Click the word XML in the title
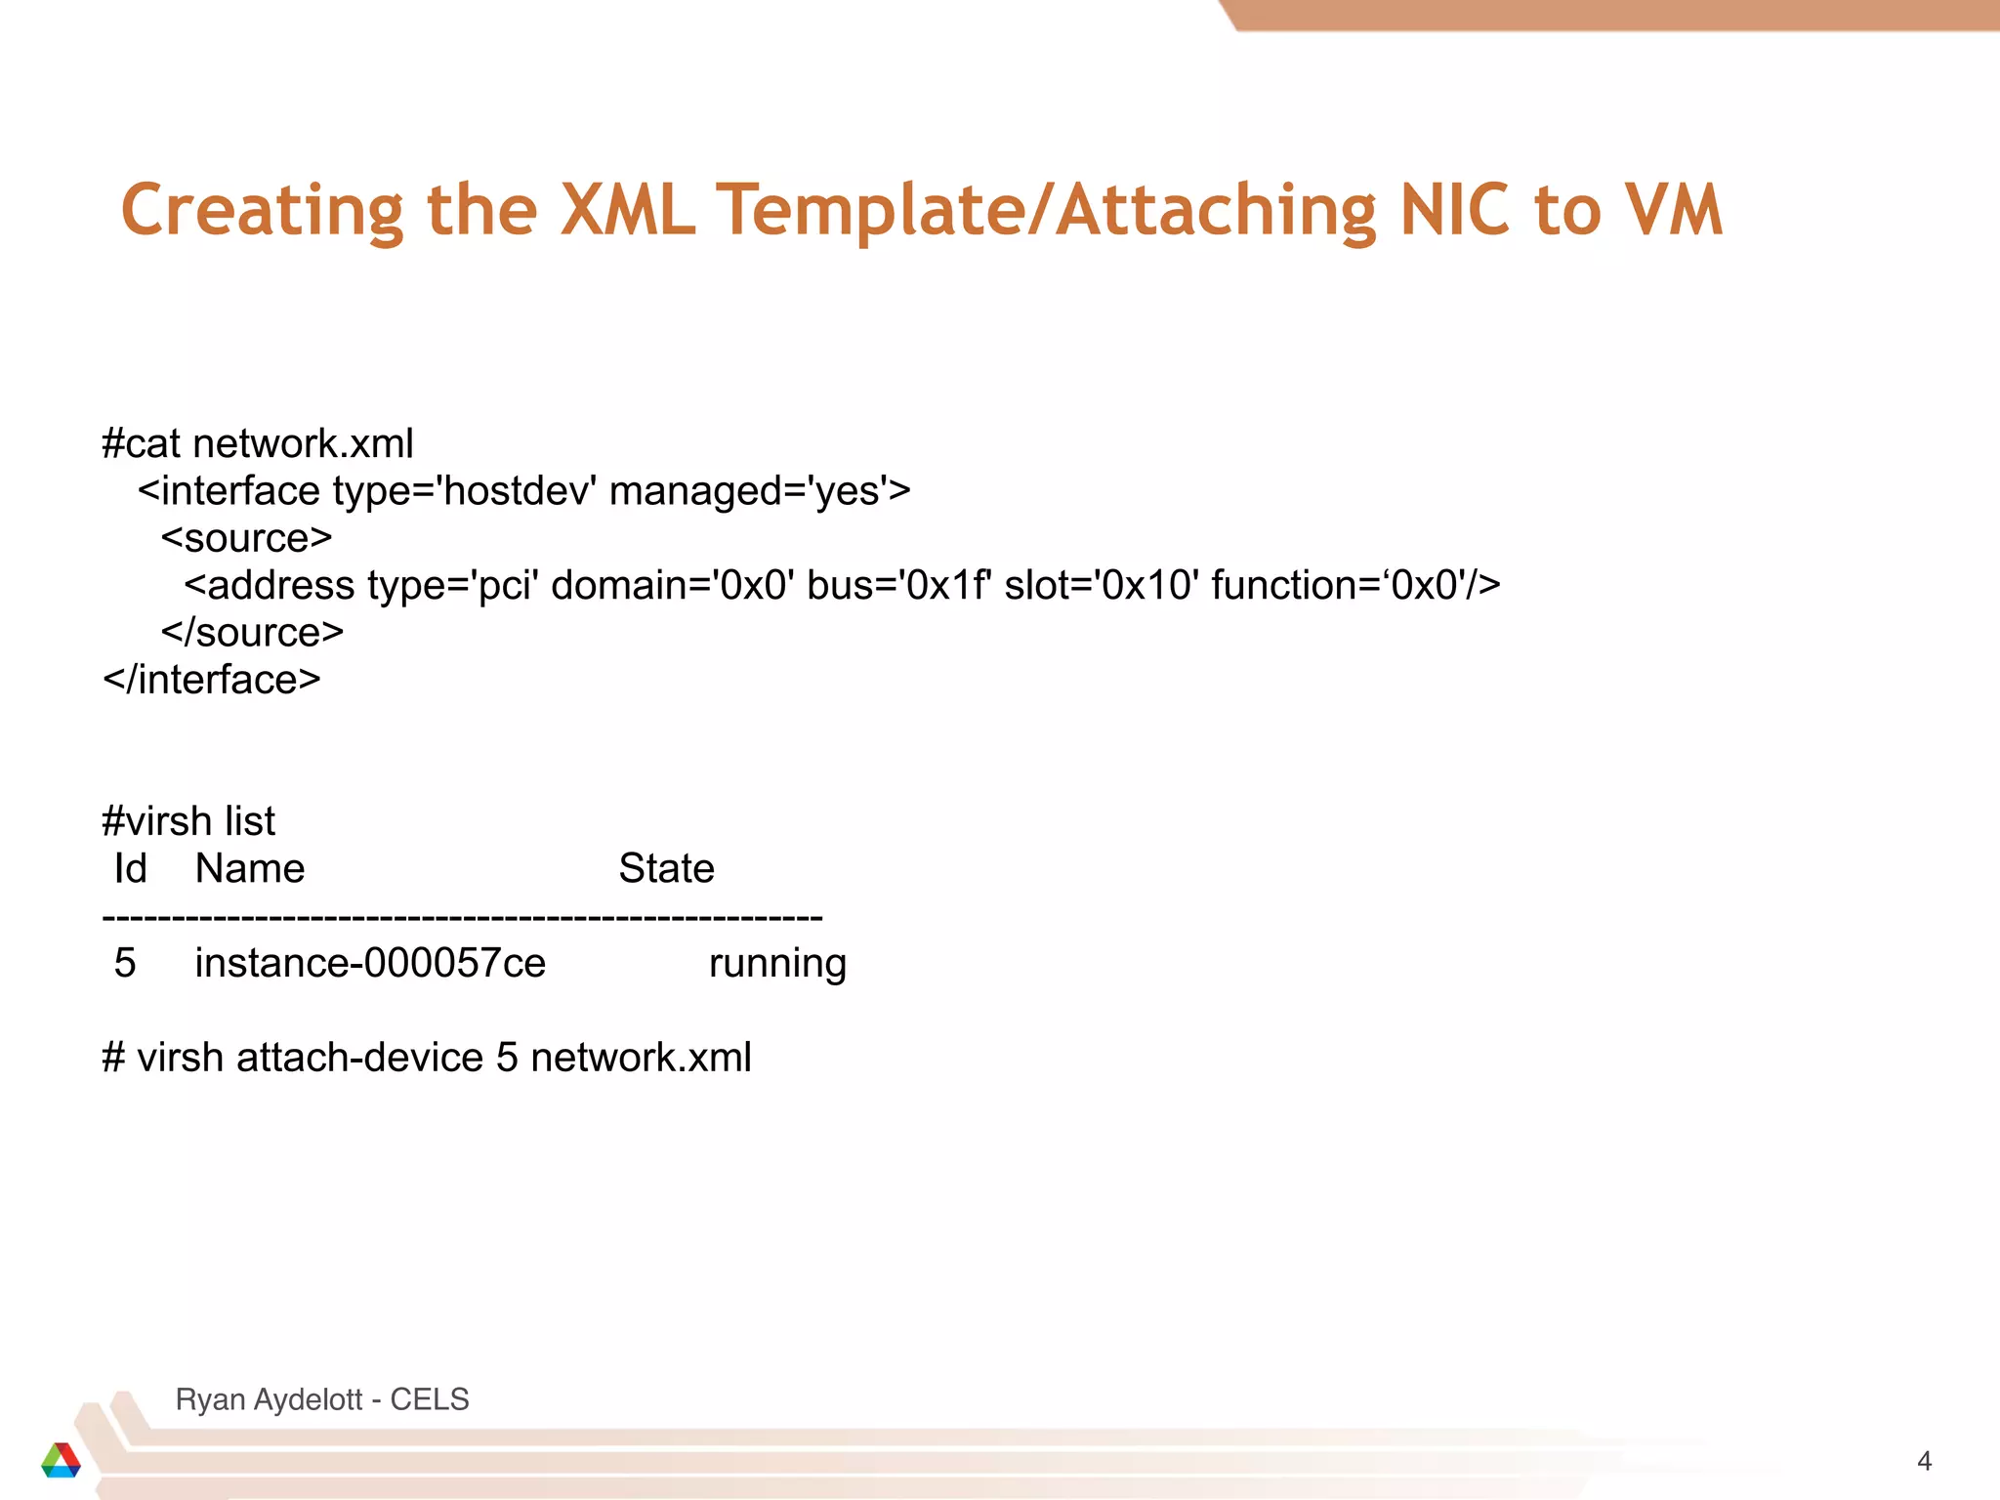tap(628, 210)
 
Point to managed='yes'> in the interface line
tap(760, 491)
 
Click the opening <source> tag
tap(247, 538)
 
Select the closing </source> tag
tap(253, 633)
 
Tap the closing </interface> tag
tap(212, 680)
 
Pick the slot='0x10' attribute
tap(1102, 586)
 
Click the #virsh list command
tap(188, 821)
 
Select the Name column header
tap(250, 868)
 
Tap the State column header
tap(666, 868)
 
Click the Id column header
tap(130, 868)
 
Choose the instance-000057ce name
tap(370, 963)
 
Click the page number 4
tap(1924, 1461)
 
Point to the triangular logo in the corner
tap(61, 1460)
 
